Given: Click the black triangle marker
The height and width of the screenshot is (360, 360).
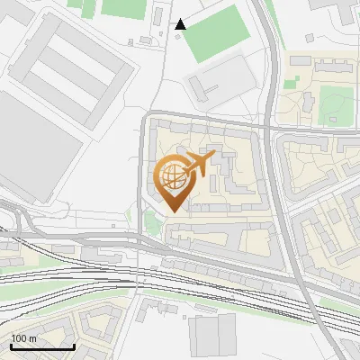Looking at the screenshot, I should pos(181,24).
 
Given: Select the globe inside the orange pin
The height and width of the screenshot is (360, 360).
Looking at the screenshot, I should pos(171,175).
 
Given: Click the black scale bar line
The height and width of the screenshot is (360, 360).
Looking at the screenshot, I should pos(42,346).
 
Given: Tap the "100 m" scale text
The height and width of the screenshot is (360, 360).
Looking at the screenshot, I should pos(24,338).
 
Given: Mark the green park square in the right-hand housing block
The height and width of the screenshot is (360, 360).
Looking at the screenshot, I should pos(335,105).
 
